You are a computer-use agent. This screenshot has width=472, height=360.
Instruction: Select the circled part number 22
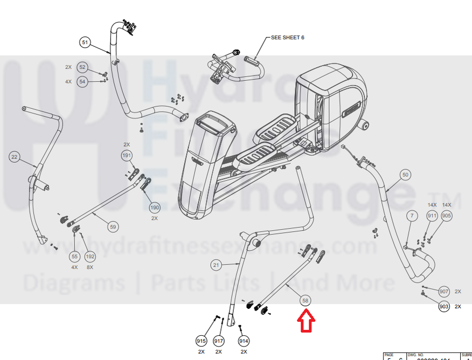(x=15, y=157)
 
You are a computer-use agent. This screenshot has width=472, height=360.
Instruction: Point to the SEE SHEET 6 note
(x=288, y=38)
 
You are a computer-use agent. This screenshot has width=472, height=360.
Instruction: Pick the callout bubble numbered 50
(x=405, y=175)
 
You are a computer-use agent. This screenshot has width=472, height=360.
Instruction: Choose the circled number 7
(x=411, y=217)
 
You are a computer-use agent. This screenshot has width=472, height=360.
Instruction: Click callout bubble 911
(x=432, y=216)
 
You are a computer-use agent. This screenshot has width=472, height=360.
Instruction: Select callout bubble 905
(x=447, y=216)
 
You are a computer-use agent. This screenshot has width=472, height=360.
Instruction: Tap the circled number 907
(x=444, y=292)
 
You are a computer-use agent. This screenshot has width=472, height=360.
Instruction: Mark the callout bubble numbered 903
(x=444, y=307)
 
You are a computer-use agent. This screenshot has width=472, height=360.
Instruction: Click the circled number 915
(x=201, y=341)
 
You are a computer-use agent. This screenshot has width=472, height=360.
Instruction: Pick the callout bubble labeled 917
(x=219, y=341)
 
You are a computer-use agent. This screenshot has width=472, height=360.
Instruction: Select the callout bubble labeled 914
(x=244, y=341)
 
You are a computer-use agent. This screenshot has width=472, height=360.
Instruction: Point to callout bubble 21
(x=216, y=265)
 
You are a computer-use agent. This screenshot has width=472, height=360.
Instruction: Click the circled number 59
(x=113, y=226)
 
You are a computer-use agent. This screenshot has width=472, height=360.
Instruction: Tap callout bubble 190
(x=155, y=208)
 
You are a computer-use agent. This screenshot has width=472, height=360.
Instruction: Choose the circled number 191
(x=127, y=156)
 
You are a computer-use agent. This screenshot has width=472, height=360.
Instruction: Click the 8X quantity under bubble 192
(x=90, y=267)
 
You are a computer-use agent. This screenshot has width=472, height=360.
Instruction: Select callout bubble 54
(x=82, y=81)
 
